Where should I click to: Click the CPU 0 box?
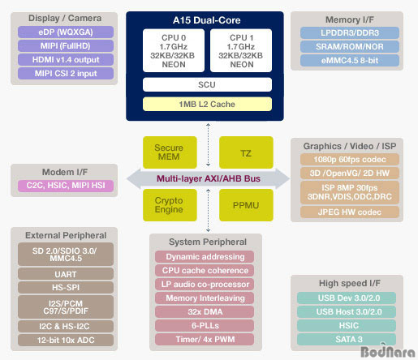(x=174, y=50)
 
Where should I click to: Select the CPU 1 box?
(x=241, y=50)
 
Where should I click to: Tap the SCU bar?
(x=207, y=84)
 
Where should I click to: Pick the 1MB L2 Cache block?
(x=207, y=104)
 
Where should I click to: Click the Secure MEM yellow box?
(x=170, y=152)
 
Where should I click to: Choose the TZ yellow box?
(x=246, y=152)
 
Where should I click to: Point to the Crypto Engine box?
(x=170, y=205)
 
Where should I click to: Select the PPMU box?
(x=246, y=205)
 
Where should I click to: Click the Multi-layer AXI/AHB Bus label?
(x=209, y=178)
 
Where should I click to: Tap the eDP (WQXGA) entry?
(x=66, y=32)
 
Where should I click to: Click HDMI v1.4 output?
(x=66, y=60)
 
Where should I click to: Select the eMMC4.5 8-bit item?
(x=350, y=61)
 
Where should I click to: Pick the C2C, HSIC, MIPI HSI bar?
(x=66, y=186)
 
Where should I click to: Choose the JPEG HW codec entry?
(x=350, y=212)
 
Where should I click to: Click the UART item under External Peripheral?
(x=66, y=274)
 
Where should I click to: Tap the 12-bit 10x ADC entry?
(x=66, y=340)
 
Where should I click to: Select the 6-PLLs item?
(x=205, y=326)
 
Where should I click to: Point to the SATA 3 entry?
(x=347, y=340)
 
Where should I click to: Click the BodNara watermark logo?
(x=388, y=351)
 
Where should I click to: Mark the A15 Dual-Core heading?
(x=207, y=20)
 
